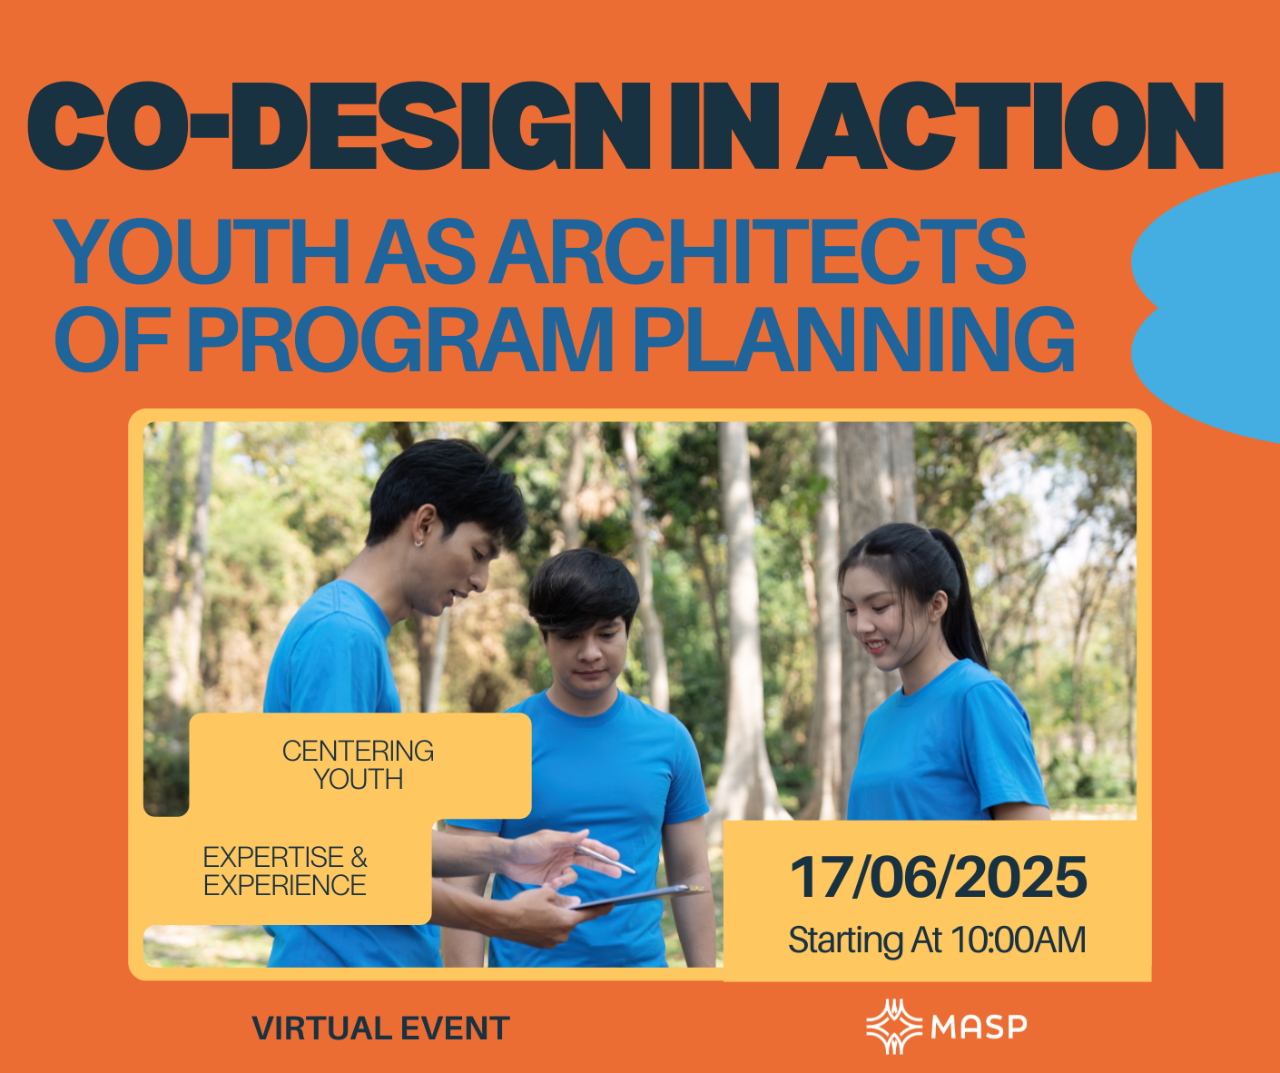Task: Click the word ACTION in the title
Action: coord(1010,125)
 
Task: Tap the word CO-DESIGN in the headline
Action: coord(338,125)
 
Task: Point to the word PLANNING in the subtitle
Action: coord(854,340)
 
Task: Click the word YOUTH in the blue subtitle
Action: coord(203,251)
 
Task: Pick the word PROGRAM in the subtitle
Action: coord(400,340)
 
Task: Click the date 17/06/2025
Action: coord(939,878)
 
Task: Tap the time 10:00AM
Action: coord(1019,940)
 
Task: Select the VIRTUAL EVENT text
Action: coord(380,1029)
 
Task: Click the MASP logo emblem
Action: coord(894,1027)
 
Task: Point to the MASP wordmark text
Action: coord(979,1027)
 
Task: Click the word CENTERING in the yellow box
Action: coord(358,751)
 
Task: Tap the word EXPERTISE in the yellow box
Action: coord(273,857)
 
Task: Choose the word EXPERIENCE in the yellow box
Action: coord(285,885)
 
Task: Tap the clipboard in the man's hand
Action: coord(637,896)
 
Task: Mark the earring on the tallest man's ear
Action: coord(418,543)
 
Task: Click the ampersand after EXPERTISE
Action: coord(359,857)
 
